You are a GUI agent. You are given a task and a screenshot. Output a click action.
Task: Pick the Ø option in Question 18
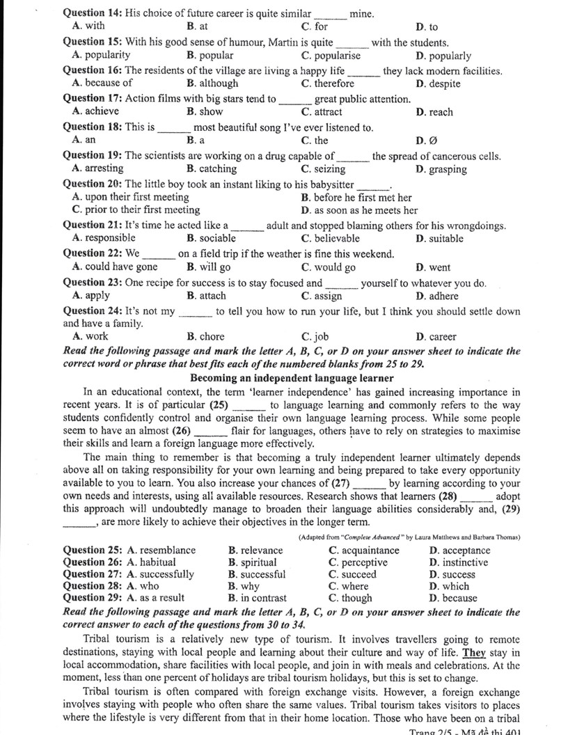pos(427,141)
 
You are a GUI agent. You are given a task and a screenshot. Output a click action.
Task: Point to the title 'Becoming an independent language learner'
pos(292,379)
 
